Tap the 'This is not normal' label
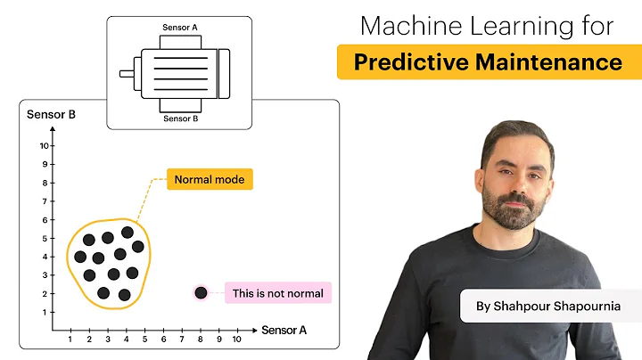click(x=278, y=292)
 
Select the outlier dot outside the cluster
click(x=201, y=292)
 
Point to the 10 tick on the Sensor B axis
click(x=43, y=145)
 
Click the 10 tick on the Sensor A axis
click(x=236, y=340)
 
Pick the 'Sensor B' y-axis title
click(x=51, y=114)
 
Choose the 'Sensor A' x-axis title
click(x=284, y=331)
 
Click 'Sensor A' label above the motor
click(x=180, y=28)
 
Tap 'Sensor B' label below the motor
click(x=180, y=119)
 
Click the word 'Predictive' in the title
click(x=407, y=62)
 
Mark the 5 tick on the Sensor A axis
click(x=144, y=340)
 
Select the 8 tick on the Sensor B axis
click(x=43, y=183)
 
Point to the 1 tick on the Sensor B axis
click(x=43, y=313)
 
